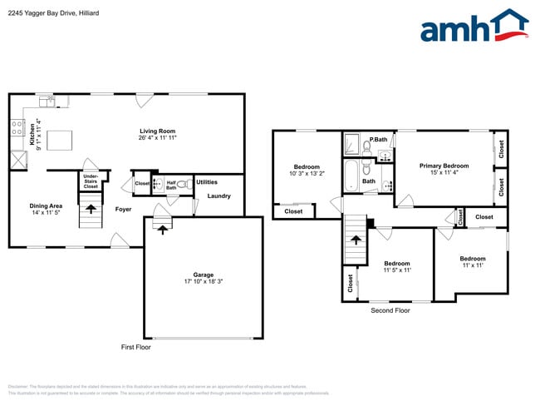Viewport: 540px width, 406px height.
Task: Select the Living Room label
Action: [x=156, y=131]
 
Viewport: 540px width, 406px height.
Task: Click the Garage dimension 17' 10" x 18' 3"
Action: [x=204, y=281]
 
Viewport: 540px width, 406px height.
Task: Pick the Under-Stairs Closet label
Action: [x=91, y=181]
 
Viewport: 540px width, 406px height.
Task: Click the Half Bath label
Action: [x=171, y=185]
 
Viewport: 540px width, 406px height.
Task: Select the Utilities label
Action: [x=207, y=181]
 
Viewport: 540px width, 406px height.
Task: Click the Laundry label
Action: [x=218, y=196]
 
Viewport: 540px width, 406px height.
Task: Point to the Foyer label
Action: [x=123, y=210]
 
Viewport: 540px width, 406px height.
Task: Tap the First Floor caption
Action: [x=136, y=347]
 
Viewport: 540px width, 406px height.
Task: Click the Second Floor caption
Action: [x=390, y=310]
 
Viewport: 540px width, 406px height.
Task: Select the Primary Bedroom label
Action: [x=444, y=166]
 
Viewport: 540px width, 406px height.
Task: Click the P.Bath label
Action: [x=379, y=139]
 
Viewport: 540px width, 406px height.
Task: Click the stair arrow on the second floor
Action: [x=356, y=240]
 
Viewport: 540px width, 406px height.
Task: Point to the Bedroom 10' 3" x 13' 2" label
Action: [x=307, y=171]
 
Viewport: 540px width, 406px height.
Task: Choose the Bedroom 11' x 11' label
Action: [x=472, y=261]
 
